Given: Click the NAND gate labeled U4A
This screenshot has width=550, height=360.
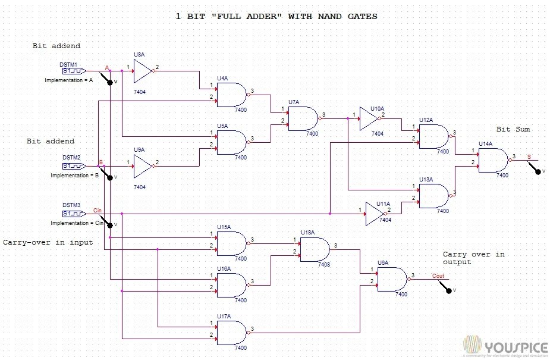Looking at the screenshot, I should [232, 94].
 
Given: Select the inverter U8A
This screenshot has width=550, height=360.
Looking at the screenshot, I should [143, 71].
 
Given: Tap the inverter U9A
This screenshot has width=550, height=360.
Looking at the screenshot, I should [143, 167].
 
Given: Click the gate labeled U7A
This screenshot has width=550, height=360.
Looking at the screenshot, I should [303, 118].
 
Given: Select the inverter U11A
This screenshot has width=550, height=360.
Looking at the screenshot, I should [376, 214].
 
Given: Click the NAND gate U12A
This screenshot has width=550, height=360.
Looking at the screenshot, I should [435, 136].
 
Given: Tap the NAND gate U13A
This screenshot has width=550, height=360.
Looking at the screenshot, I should [435, 196].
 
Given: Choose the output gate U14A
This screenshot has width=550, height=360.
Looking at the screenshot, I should [494, 160].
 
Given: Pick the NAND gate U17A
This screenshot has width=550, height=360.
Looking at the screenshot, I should [232, 333].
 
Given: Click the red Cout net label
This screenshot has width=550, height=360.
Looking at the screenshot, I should [438, 276].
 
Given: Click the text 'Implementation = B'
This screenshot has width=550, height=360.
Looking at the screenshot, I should [74, 176].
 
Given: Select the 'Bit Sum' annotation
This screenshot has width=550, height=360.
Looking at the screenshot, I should [513, 129].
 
